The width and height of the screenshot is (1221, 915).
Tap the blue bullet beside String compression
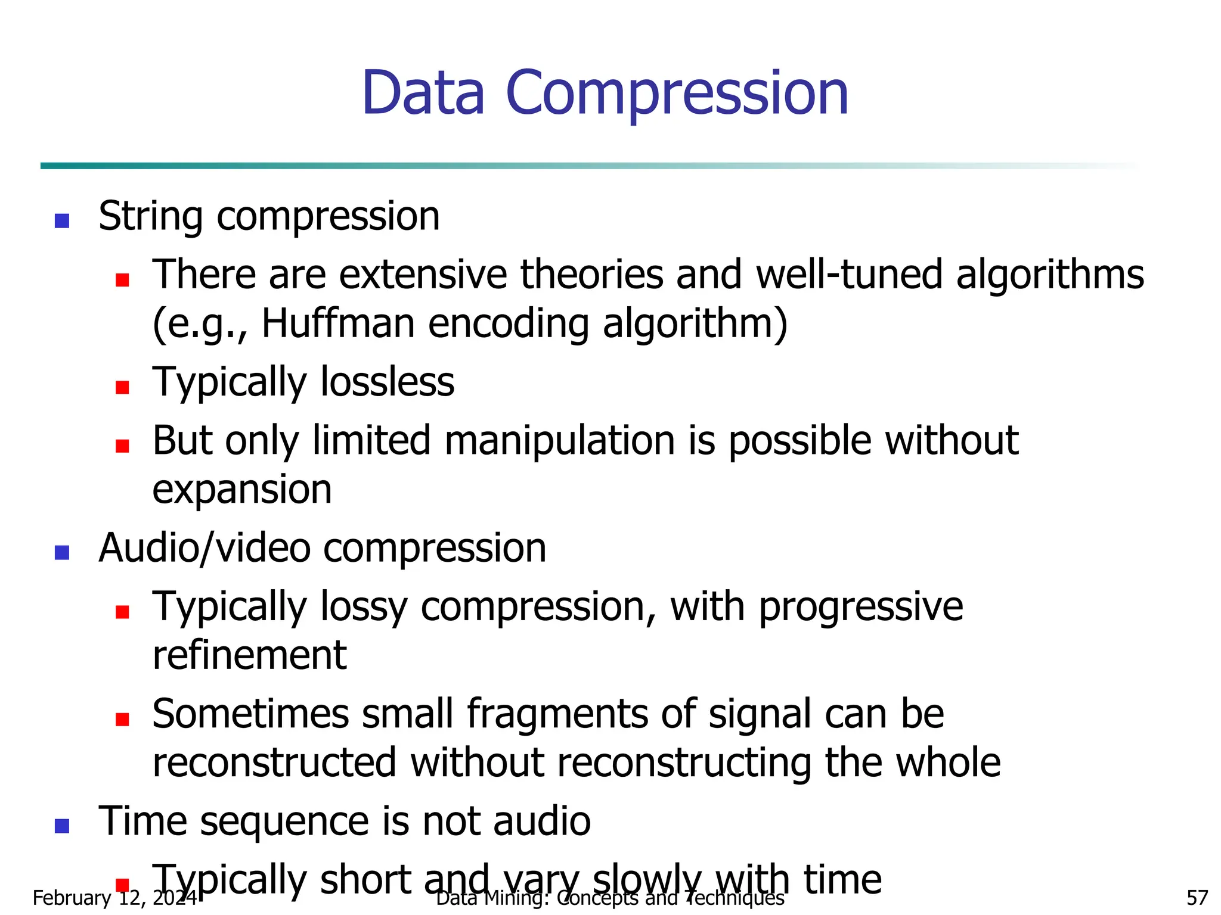62,221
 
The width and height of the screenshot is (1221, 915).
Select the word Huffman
338,323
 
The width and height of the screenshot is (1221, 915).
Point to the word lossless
388,382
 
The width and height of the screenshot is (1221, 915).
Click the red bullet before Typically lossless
123,388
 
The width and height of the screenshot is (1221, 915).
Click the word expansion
242,490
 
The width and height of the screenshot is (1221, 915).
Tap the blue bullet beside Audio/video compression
62,553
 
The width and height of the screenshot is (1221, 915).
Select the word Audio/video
204,548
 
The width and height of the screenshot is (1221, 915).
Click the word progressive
860,607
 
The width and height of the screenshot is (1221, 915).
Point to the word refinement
249,655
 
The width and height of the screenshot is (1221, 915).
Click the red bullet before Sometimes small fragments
123,720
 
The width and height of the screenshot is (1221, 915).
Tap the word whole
948,762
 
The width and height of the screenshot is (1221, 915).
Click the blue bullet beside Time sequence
62,826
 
